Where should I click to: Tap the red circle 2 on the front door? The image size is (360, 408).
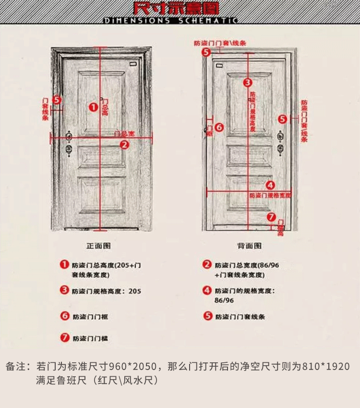point(124,144)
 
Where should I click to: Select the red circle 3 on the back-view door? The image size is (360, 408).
point(247,83)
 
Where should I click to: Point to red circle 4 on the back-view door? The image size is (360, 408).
point(270,185)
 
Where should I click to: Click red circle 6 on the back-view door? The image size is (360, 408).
point(218,127)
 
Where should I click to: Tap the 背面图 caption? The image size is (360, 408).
point(249,246)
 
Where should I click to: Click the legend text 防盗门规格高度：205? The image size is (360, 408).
point(107,291)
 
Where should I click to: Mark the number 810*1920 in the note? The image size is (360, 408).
point(326,367)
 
